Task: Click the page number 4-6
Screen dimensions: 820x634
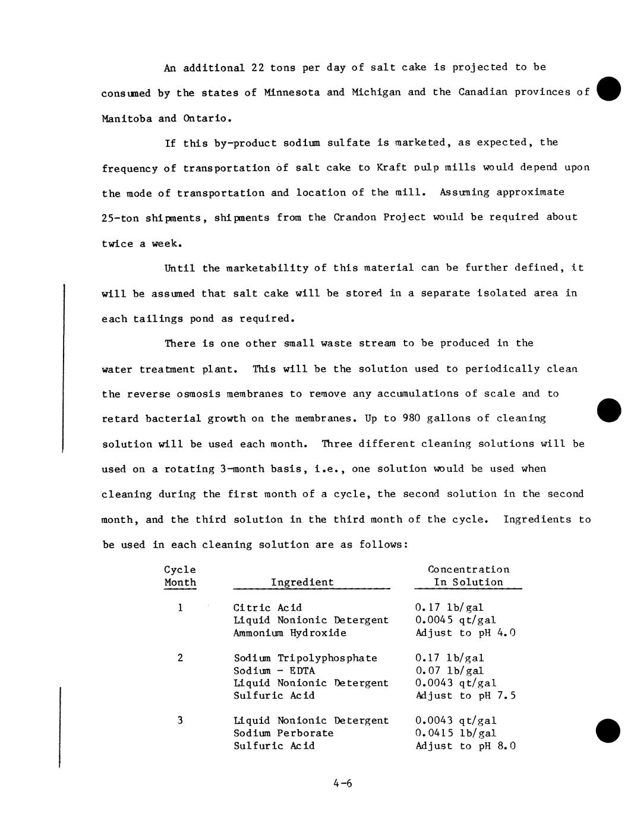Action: pos(343,783)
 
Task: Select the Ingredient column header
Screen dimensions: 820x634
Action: pos(302,582)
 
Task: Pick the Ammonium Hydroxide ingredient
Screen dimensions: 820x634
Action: pos(289,633)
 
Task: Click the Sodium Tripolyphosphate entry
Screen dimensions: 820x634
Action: pos(305,658)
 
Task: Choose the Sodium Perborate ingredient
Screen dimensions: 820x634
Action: pos(283,733)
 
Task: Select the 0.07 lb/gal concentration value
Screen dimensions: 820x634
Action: pos(450,671)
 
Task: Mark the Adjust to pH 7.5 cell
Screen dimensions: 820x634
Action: pos(465,695)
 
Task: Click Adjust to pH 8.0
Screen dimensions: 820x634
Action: pos(465,746)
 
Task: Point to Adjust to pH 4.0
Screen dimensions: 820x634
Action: pos(465,633)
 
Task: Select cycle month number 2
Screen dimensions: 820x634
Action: pos(180,658)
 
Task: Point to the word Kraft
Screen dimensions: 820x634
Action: pos(392,168)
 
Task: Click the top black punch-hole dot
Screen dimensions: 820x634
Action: pos(609,89)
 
